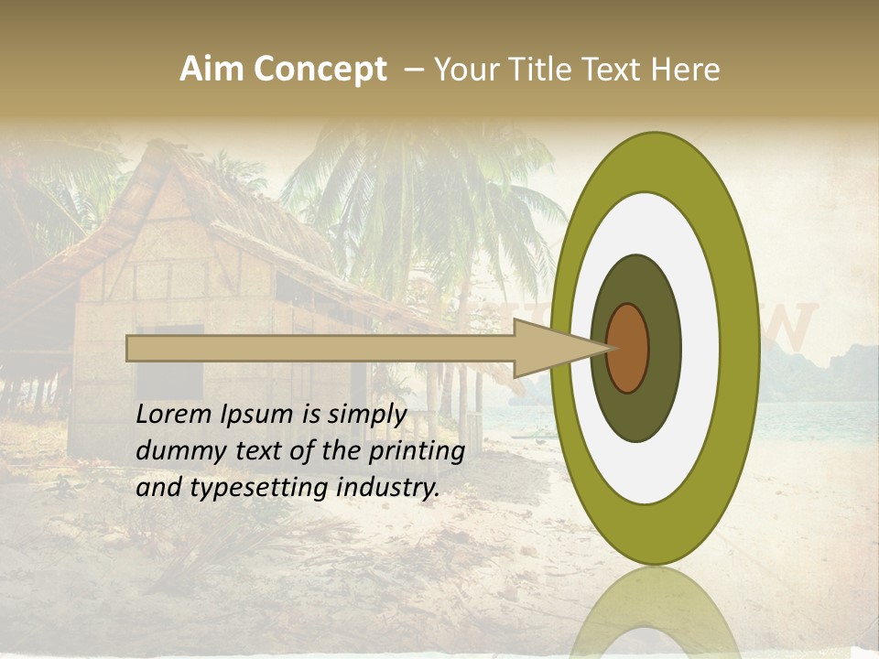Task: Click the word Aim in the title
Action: click(x=212, y=70)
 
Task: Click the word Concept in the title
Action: click(x=320, y=70)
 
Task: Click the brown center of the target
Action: click(x=628, y=348)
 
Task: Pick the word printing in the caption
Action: click(x=420, y=452)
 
